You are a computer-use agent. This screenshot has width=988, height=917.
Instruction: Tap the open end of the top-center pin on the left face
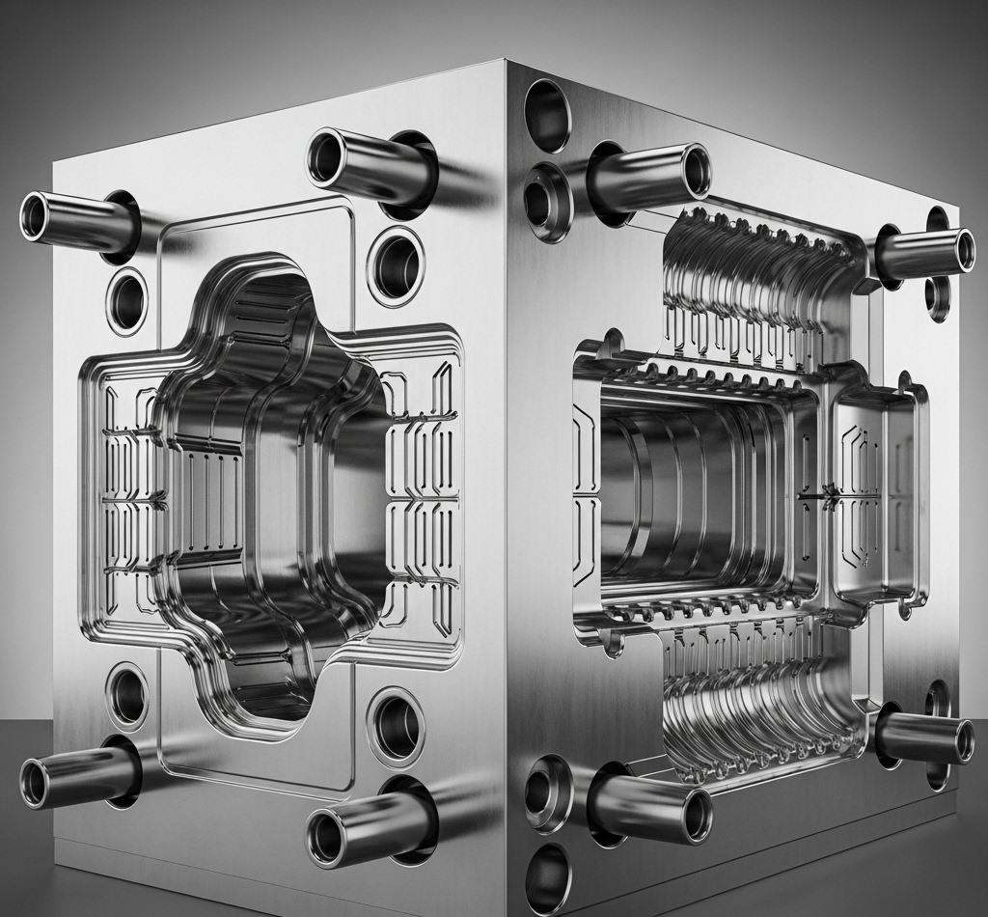[326, 156]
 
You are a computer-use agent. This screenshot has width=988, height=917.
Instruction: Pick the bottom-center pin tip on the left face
[326, 838]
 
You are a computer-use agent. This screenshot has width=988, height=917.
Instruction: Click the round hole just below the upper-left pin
[127, 301]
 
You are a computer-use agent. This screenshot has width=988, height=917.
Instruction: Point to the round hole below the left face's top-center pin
[396, 265]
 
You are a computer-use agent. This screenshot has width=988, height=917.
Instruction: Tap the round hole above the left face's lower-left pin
[127, 694]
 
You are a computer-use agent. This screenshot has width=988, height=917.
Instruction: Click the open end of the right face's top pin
[696, 171]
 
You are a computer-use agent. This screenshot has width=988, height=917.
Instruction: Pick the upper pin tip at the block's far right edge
[962, 251]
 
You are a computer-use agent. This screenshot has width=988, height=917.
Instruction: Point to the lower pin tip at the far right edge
[962, 740]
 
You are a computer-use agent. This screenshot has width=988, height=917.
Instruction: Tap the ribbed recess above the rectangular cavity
[762, 280]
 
